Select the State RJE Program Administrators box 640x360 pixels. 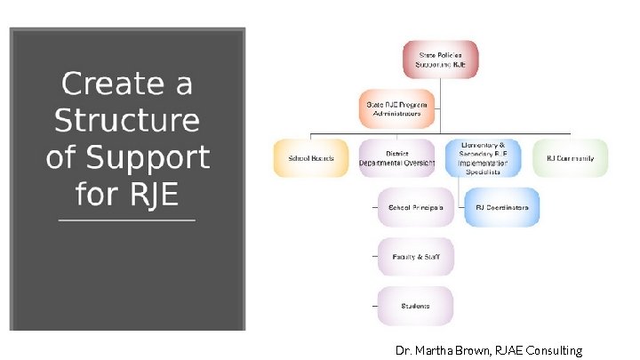click(397, 108)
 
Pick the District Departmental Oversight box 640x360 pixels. click(396, 158)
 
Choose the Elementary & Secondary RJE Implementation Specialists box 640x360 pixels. click(484, 158)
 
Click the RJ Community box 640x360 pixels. click(570, 158)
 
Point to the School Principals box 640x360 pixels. click(415, 207)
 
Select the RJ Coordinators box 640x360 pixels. click(501, 207)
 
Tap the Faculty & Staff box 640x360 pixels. click(415, 257)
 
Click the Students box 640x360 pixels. click(415, 306)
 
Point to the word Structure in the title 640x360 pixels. click(127, 120)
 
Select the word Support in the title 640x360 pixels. click(148, 158)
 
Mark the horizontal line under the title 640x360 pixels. click(126, 220)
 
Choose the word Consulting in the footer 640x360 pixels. click(554, 351)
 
